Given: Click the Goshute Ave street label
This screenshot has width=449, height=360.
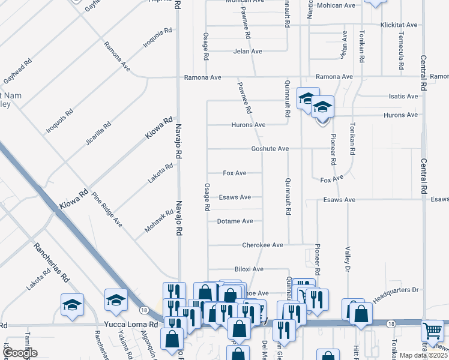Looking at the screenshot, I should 270,149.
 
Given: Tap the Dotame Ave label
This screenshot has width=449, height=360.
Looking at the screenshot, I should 235,221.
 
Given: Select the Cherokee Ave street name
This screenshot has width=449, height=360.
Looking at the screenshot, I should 262,245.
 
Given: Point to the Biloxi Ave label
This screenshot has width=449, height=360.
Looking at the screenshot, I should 249,269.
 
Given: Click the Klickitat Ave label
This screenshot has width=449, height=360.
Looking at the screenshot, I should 399,25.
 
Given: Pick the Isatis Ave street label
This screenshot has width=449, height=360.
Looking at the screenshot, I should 403,97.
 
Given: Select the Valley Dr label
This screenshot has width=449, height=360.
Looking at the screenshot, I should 348,260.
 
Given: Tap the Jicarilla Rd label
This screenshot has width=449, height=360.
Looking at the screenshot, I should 98,134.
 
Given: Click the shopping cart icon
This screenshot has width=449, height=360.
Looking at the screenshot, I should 433,331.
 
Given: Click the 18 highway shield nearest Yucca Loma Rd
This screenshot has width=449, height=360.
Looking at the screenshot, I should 143,310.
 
